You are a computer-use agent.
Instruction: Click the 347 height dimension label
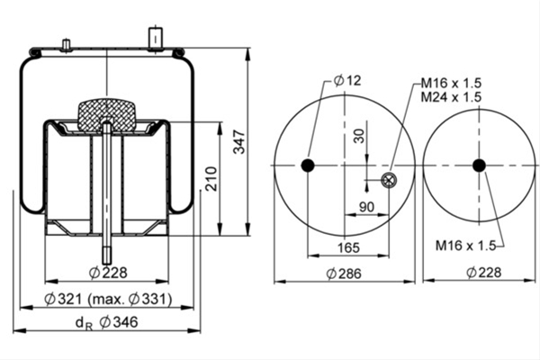238,142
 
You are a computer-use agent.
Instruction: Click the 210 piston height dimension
211,179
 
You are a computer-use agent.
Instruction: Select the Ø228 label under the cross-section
108,273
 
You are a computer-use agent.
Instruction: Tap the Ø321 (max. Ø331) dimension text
108,299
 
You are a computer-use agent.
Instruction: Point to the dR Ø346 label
106,323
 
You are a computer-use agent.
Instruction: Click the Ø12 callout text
347,81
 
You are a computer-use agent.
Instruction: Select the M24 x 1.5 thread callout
451,97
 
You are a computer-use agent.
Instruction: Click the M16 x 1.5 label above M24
451,83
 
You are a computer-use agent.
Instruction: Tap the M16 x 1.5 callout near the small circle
465,246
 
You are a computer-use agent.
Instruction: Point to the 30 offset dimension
359,136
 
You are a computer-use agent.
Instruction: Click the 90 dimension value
366,207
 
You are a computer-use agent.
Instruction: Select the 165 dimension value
348,247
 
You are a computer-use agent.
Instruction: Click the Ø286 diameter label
344,274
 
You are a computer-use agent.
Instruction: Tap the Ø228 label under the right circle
484,273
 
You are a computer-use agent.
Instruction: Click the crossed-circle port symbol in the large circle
389,179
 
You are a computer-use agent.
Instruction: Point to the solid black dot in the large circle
308,166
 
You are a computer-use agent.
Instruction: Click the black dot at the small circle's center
479,166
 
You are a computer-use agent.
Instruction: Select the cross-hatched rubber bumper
106,114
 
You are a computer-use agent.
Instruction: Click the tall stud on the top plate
156,40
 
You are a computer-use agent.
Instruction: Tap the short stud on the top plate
66,46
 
